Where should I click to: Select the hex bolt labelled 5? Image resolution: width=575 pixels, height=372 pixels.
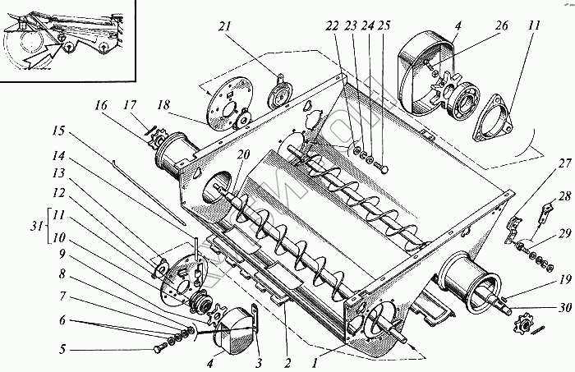pos(160,348)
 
